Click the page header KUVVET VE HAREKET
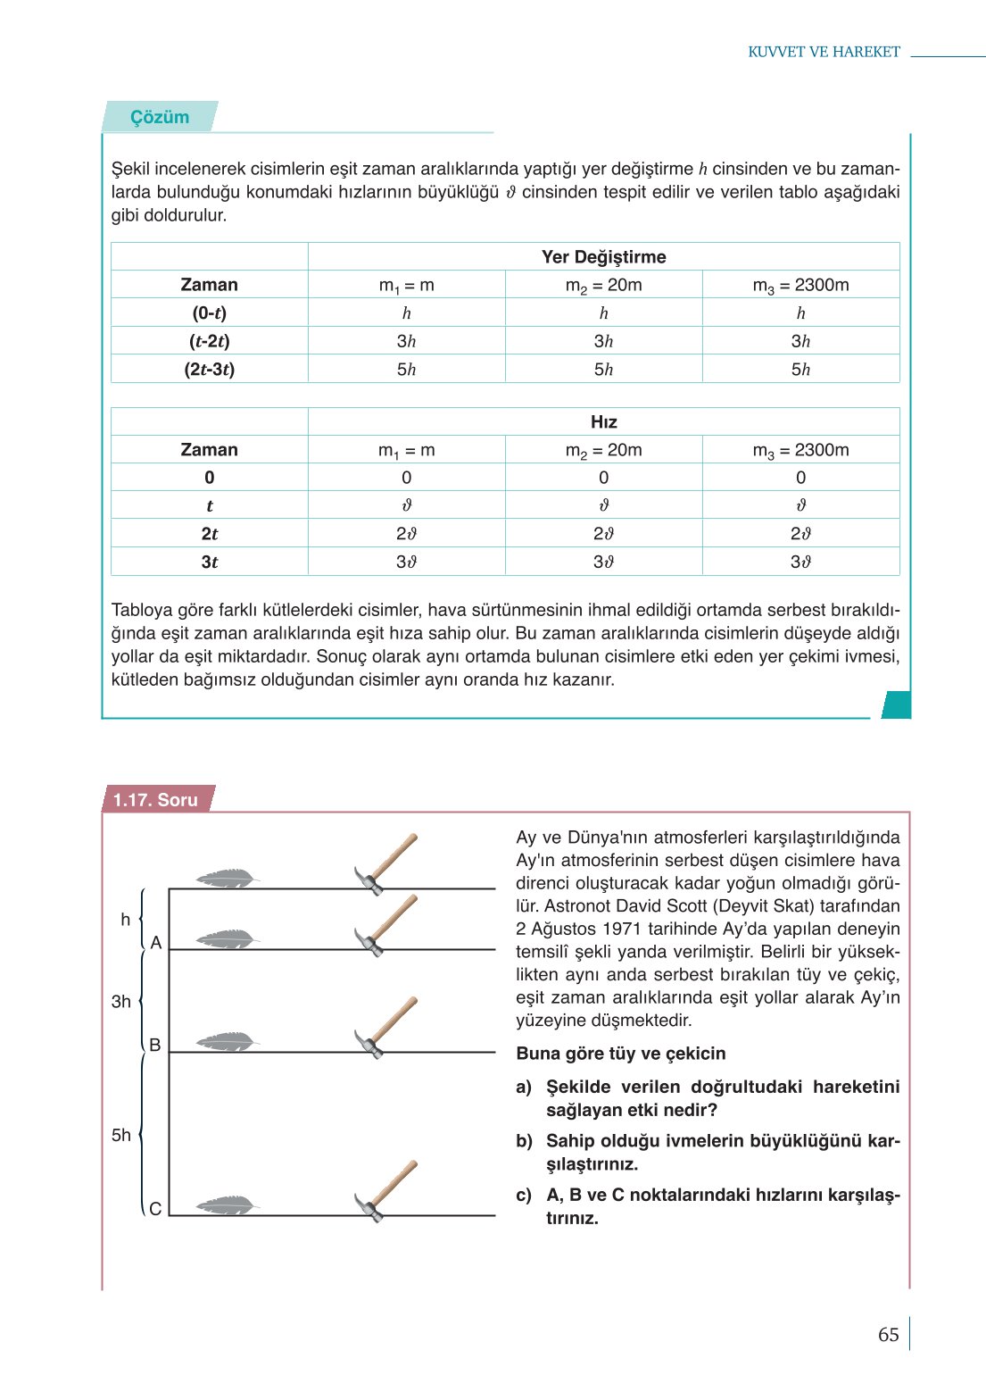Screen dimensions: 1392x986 point(824,52)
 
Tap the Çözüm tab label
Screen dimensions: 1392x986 point(160,117)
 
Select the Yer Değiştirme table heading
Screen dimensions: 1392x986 point(603,257)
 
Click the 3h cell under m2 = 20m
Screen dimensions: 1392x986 point(603,341)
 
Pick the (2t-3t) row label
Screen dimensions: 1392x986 point(209,370)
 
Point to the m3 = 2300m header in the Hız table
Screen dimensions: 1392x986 point(800,450)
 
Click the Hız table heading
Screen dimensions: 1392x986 point(603,422)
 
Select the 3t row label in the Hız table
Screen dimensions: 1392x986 point(209,563)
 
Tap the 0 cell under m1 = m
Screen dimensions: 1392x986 point(406,478)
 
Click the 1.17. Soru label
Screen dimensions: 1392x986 point(155,800)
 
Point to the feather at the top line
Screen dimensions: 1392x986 point(227,879)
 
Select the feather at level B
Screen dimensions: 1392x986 point(227,1041)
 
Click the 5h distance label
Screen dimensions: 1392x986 point(121,1135)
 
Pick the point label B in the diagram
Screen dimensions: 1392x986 point(155,1045)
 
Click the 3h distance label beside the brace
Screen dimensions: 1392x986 point(121,1002)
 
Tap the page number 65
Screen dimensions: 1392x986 point(888,1335)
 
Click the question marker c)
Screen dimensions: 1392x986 point(524,1196)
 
